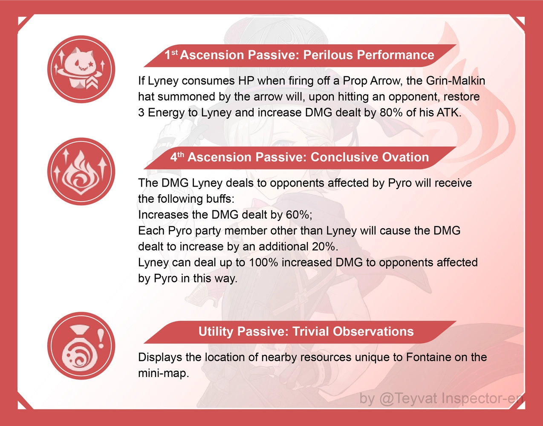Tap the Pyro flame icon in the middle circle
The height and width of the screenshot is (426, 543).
[x=81, y=171]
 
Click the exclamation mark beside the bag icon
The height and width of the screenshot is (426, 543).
[x=101, y=337]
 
